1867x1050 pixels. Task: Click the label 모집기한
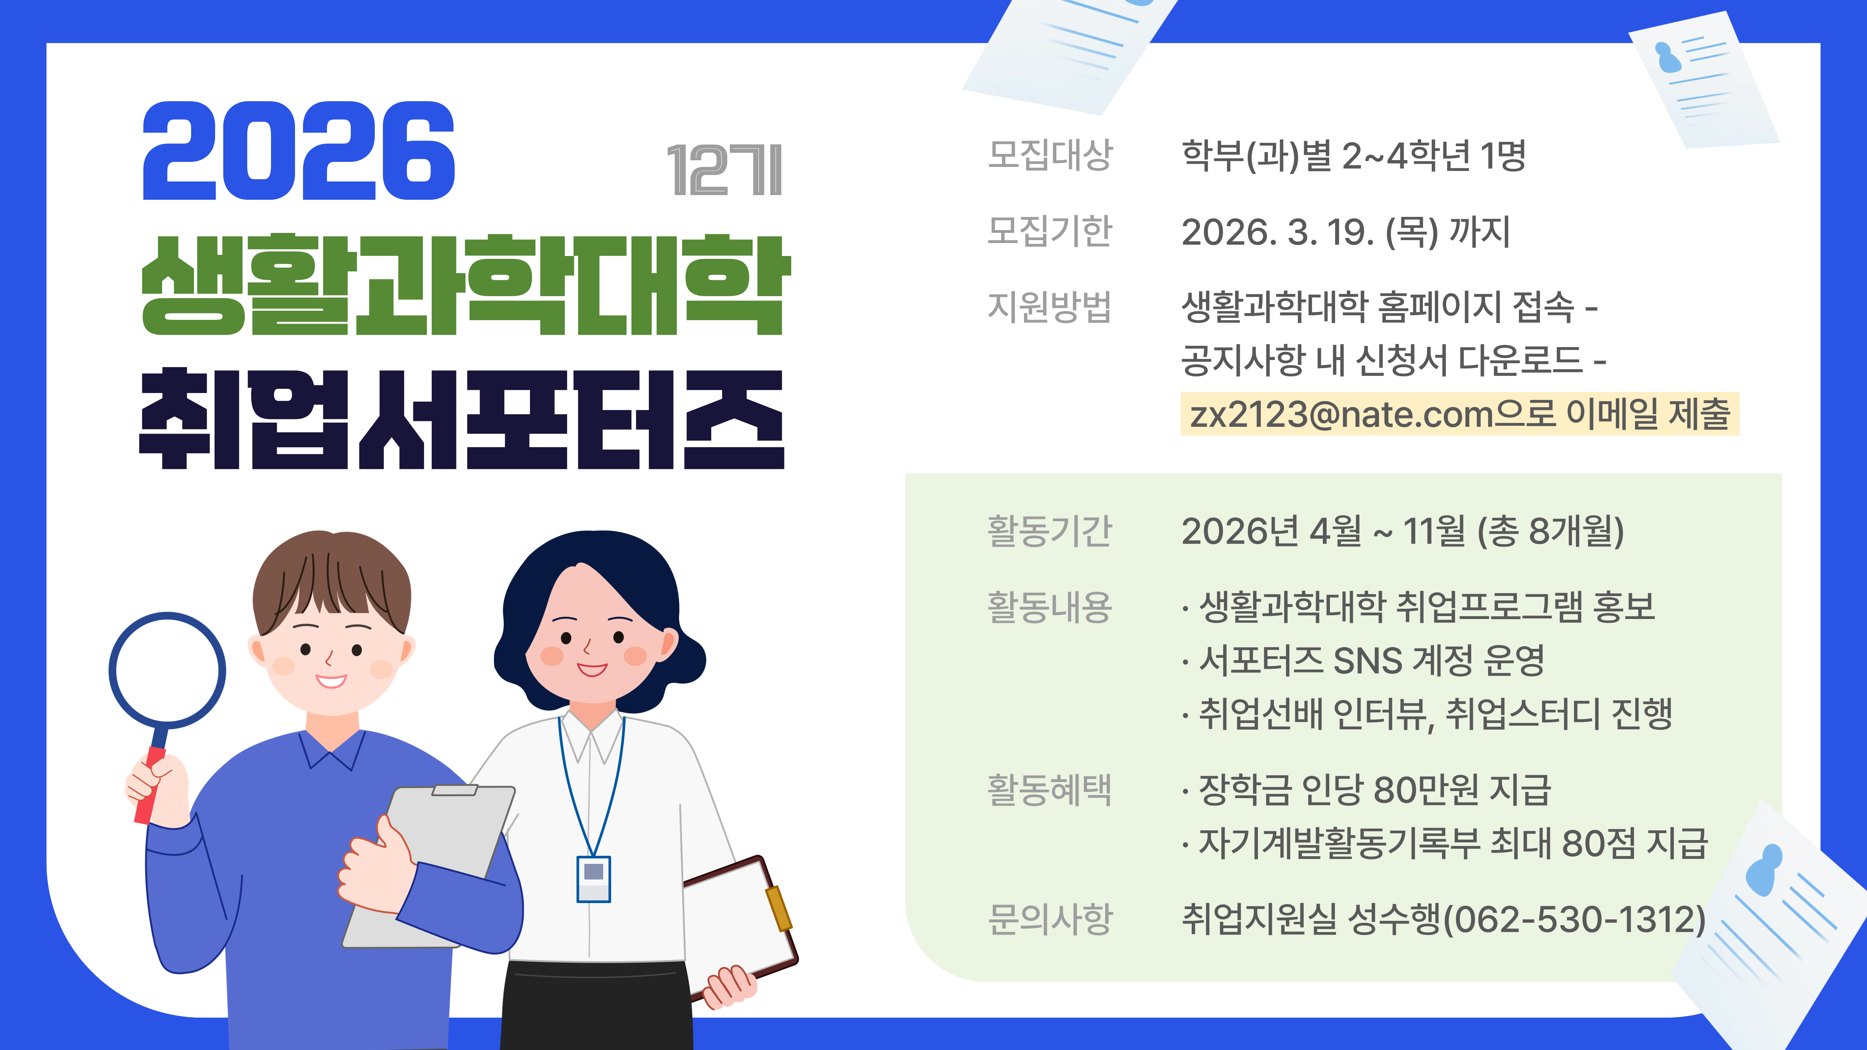pos(1050,231)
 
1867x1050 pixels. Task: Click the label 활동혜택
pos(1050,789)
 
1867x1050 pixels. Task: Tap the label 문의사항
pos(1050,919)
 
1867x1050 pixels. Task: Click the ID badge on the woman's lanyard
pos(593,879)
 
